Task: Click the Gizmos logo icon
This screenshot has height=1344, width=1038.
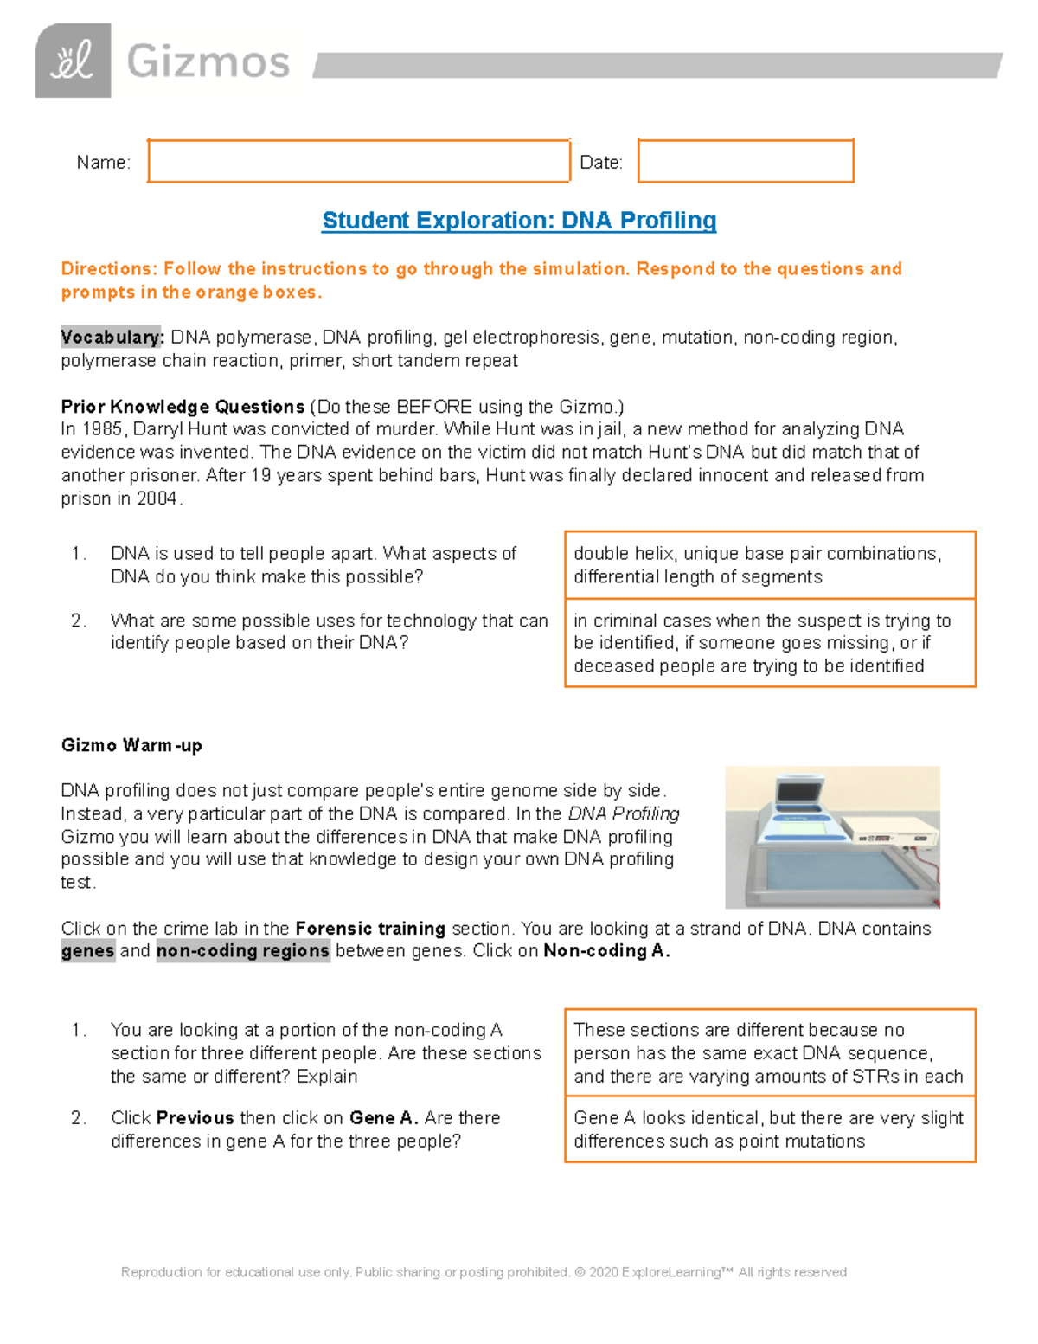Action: click(x=73, y=61)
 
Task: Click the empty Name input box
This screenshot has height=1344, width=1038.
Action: click(x=358, y=161)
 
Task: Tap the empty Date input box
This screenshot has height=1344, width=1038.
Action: click(x=745, y=161)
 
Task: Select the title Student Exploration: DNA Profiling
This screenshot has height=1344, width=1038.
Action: click(x=519, y=221)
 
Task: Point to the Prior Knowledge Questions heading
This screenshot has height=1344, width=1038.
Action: click(x=183, y=407)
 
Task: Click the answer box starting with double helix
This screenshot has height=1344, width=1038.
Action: click(x=770, y=565)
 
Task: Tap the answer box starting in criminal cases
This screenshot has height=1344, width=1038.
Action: click(x=770, y=643)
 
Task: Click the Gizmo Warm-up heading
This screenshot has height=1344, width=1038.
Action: click(x=131, y=745)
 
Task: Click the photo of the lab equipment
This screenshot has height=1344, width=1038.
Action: click(x=832, y=837)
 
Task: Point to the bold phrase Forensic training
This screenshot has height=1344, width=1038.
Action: click(x=370, y=929)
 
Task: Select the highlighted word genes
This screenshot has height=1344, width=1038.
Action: click(x=87, y=951)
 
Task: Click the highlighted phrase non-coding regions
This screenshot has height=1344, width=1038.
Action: click(x=243, y=951)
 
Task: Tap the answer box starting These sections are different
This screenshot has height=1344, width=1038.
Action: click(x=770, y=1052)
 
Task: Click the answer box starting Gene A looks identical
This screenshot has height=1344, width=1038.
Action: click(x=770, y=1129)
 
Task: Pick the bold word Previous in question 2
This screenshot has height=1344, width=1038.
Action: click(x=195, y=1118)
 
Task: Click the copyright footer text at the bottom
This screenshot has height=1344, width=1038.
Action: click(x=484, y=1272)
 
